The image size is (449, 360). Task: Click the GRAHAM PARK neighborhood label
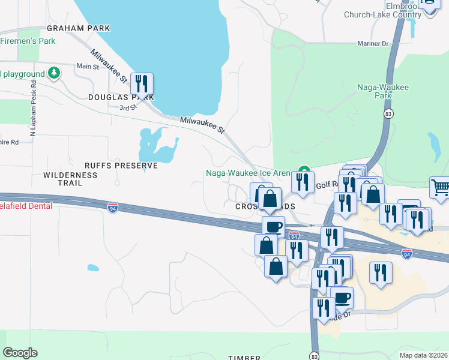(78, 28)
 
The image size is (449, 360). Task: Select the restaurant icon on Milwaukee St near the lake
(142, 83)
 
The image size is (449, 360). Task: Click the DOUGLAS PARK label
(121, 97)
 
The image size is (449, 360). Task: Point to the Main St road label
(88, 67)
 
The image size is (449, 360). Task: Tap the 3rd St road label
(124, 108)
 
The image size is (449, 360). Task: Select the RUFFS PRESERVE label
(121, 165)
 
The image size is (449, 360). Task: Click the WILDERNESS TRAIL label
(70, 179)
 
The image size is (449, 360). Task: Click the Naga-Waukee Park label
(383, 91)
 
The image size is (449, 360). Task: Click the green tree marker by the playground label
(55, 73)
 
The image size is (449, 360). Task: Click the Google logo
(20, 353)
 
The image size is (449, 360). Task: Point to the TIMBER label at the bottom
(244, 358)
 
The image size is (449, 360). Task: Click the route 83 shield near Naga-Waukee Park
(390, 113)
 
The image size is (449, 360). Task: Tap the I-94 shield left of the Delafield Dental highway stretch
(112, 208)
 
